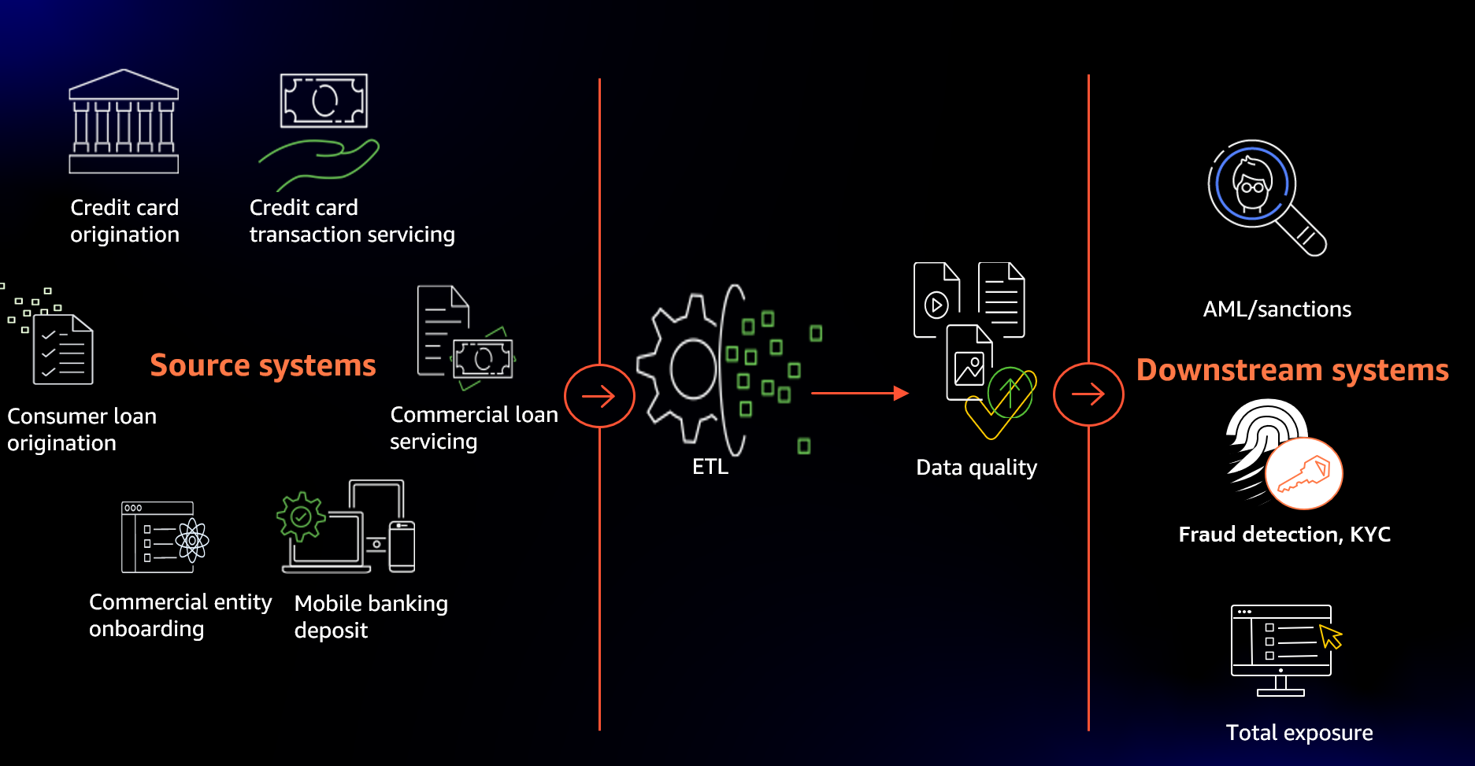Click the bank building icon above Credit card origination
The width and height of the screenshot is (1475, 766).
124,121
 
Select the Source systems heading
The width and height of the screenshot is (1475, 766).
263,365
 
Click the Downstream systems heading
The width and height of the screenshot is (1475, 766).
1292,370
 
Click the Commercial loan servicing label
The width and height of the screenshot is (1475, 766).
473,427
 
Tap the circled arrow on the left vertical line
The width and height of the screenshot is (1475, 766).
599,396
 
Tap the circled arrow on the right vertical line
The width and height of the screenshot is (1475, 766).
1088,394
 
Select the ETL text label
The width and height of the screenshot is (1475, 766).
710,467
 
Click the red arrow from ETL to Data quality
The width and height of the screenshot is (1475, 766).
858,392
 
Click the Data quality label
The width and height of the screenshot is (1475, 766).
976,468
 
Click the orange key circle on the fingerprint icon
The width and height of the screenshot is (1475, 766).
1303,474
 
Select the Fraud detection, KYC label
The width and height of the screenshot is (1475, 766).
1284,535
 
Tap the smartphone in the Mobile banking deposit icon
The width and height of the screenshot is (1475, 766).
402,546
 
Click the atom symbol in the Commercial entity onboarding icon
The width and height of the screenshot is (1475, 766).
192,540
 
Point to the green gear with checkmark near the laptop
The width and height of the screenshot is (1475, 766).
301,516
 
